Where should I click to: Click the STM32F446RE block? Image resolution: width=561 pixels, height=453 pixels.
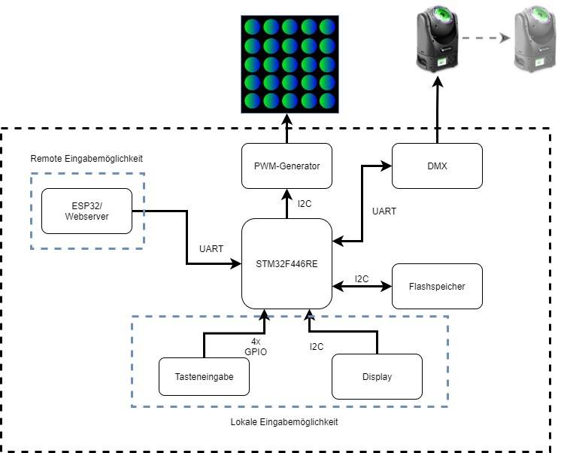287,263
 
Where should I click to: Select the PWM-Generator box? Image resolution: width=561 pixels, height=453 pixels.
287,166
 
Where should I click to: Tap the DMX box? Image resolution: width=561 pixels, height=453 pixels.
437,166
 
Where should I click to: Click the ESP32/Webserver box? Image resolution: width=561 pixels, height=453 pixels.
86,211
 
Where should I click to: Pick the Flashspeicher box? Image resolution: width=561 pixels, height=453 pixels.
437,286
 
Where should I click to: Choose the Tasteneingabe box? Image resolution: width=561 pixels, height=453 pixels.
204,376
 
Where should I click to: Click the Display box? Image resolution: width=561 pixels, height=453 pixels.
377,376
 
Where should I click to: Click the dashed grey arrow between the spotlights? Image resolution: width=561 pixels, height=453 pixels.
482,37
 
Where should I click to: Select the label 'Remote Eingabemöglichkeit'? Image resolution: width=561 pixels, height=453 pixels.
86,159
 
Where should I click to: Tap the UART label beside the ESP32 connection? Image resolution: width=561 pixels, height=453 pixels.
211,248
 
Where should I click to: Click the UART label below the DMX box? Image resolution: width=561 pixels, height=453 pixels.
384,211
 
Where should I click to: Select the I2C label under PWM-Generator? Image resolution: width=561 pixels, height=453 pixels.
305,203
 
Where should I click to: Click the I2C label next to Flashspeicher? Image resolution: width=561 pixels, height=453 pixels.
362,278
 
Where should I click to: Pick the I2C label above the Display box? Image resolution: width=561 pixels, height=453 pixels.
317,347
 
